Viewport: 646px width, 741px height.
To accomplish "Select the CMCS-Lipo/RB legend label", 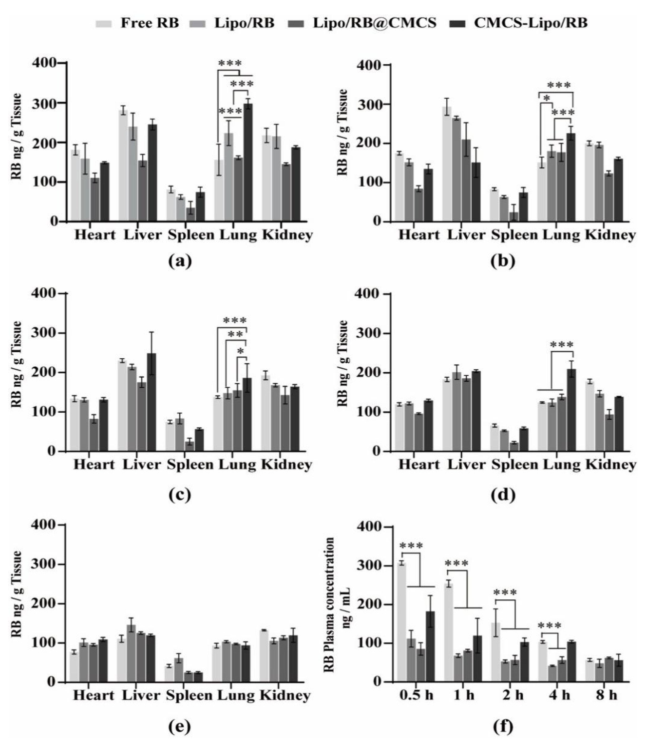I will [x=531, y=23].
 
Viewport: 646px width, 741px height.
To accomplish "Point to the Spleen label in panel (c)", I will [x=190, y=465].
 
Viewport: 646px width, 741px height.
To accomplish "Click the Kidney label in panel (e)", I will [x=285, y=695].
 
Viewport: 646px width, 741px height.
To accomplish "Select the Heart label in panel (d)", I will [x=419, y=465].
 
